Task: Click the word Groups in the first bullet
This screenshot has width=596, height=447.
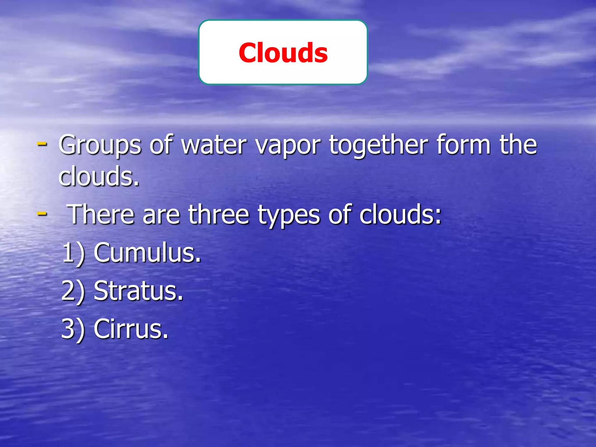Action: tap(100, 145)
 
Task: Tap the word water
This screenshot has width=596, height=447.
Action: tap(214, 145)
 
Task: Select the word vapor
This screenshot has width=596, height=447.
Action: tap(288, 145)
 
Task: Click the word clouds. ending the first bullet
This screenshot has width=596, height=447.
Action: tap(99, 176)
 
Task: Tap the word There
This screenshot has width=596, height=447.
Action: tap(100, 214)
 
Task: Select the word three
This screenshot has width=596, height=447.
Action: tap(219, 214)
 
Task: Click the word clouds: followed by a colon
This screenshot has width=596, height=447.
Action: tap(400, 214)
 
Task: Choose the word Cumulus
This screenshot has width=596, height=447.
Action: tap(147, 253)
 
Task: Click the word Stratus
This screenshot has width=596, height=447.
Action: tap(139, 291)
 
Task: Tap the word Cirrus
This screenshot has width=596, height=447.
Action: tap(131, 329)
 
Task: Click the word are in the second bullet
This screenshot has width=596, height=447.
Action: tap(161, 215)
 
